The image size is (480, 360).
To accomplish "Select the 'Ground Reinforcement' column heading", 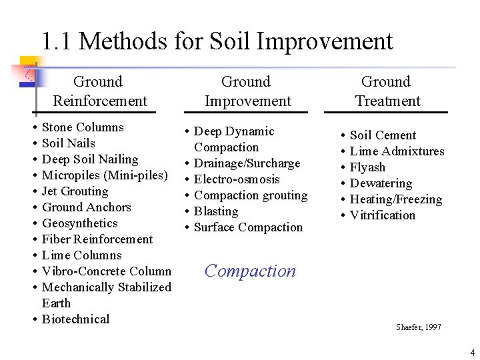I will [100, 91].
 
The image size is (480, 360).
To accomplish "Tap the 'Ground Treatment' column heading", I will [387, 91].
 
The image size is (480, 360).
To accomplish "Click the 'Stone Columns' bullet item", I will [83, 127].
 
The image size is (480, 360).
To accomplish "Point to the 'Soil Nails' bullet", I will [68, 143].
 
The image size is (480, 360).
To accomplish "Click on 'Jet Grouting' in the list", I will [75, 191].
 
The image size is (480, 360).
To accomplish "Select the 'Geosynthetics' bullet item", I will [79, 223].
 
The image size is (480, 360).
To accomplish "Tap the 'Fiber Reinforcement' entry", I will [97, 239].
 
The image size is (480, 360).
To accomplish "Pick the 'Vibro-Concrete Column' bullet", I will [107, 271].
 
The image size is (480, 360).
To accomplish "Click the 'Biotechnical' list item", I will [75, 319].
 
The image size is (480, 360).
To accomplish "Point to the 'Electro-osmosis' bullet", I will [237, 179].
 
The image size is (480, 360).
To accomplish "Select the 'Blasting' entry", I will [216, 211].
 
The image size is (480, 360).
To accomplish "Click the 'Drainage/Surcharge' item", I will [247, 163].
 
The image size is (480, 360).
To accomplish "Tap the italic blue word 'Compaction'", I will [250, 271].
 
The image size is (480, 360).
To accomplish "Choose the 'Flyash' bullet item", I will [367, 167].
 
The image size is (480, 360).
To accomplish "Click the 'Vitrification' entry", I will [382, 215].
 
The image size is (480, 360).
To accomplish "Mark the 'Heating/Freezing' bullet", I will [396, 199].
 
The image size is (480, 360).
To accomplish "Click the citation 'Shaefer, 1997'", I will [418, 327].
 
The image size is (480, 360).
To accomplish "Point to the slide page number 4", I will [472, 352].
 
